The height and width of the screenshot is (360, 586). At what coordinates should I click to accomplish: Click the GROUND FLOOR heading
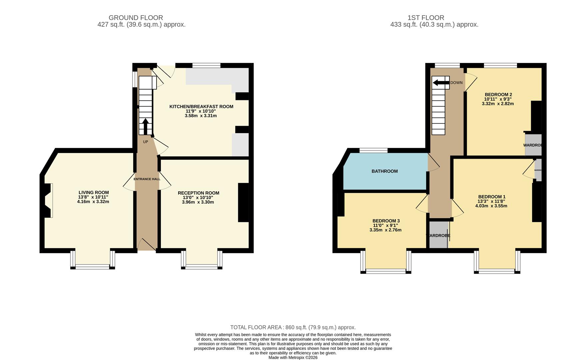pos(136,18)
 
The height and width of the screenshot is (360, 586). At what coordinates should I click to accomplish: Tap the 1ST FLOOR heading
pos(426,18)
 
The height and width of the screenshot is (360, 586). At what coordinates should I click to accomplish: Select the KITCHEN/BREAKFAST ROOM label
pos(201,107)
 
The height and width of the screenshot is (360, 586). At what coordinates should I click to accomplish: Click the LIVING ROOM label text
pos(94,193)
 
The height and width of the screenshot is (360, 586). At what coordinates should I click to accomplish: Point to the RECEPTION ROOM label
pos(199,193)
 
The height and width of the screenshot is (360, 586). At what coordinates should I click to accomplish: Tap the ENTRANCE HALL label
pos(147,179)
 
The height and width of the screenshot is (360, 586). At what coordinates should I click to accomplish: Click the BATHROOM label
pos(384,171)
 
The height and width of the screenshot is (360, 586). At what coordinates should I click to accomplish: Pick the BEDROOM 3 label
pos(386,221)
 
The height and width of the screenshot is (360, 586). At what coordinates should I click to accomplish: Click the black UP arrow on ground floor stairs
pos(146,126)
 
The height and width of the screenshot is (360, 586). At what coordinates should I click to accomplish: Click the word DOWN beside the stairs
pos(456,83)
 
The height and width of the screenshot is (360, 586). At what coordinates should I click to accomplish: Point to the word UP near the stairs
pos(146,142)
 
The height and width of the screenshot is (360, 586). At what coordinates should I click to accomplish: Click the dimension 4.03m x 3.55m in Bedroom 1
pos(491,206)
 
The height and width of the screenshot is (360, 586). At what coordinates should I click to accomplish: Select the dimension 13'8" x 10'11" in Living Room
pos(93,197)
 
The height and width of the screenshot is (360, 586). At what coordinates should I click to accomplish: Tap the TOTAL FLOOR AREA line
pos(293,327)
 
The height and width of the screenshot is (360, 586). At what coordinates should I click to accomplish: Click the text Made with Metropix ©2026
pos(293,358)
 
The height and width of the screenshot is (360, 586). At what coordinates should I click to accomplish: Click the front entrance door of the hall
pos(147,245)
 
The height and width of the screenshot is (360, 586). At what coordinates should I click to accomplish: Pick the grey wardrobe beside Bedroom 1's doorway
pos(438,235)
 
